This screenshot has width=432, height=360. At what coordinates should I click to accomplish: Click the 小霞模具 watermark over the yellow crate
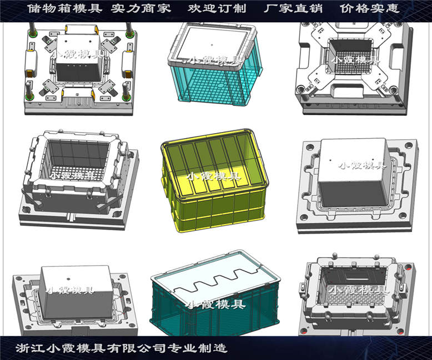[214, 177]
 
